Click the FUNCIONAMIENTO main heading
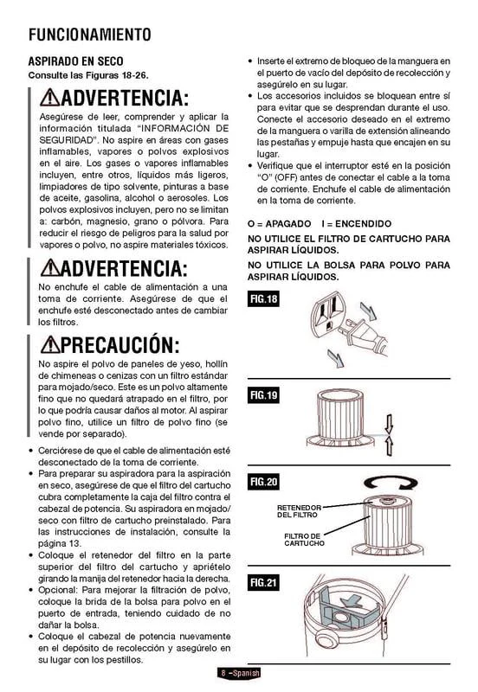90,35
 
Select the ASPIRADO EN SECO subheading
76,61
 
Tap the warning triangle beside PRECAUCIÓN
50,344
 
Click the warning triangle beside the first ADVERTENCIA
50,98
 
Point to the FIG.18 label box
263,298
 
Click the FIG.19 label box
263,394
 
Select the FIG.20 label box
263,481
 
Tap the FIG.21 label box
263,582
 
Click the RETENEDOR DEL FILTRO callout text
299,511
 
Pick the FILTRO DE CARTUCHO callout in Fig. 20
304,539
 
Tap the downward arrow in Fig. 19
389,424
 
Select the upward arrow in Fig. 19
389,445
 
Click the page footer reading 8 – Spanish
239,673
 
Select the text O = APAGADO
279,223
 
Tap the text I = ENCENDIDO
357,223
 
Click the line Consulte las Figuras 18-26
88,75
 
